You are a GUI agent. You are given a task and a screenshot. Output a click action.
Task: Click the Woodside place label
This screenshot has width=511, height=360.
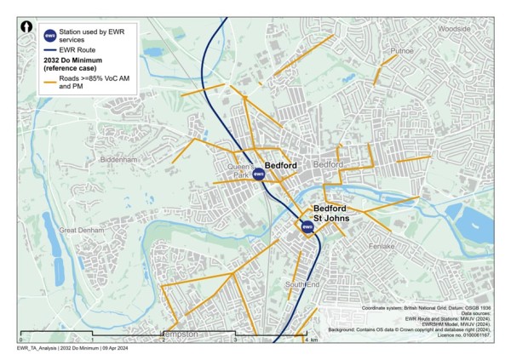454,28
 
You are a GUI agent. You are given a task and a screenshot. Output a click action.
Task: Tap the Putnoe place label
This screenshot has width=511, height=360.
401,51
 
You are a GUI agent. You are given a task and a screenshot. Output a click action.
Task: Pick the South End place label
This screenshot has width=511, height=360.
302,283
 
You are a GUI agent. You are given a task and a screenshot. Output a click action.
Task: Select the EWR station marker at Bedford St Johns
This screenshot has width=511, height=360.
307,226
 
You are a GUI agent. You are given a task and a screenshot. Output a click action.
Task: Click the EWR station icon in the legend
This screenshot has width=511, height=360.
50,36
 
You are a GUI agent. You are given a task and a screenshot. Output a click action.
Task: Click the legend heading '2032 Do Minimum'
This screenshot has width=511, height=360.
77,61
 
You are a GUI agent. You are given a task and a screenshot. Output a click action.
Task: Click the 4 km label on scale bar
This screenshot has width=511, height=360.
311,340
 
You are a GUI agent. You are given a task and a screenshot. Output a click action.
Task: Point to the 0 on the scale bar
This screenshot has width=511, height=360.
21,340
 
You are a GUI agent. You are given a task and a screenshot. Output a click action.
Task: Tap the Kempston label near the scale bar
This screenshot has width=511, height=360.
181,334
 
